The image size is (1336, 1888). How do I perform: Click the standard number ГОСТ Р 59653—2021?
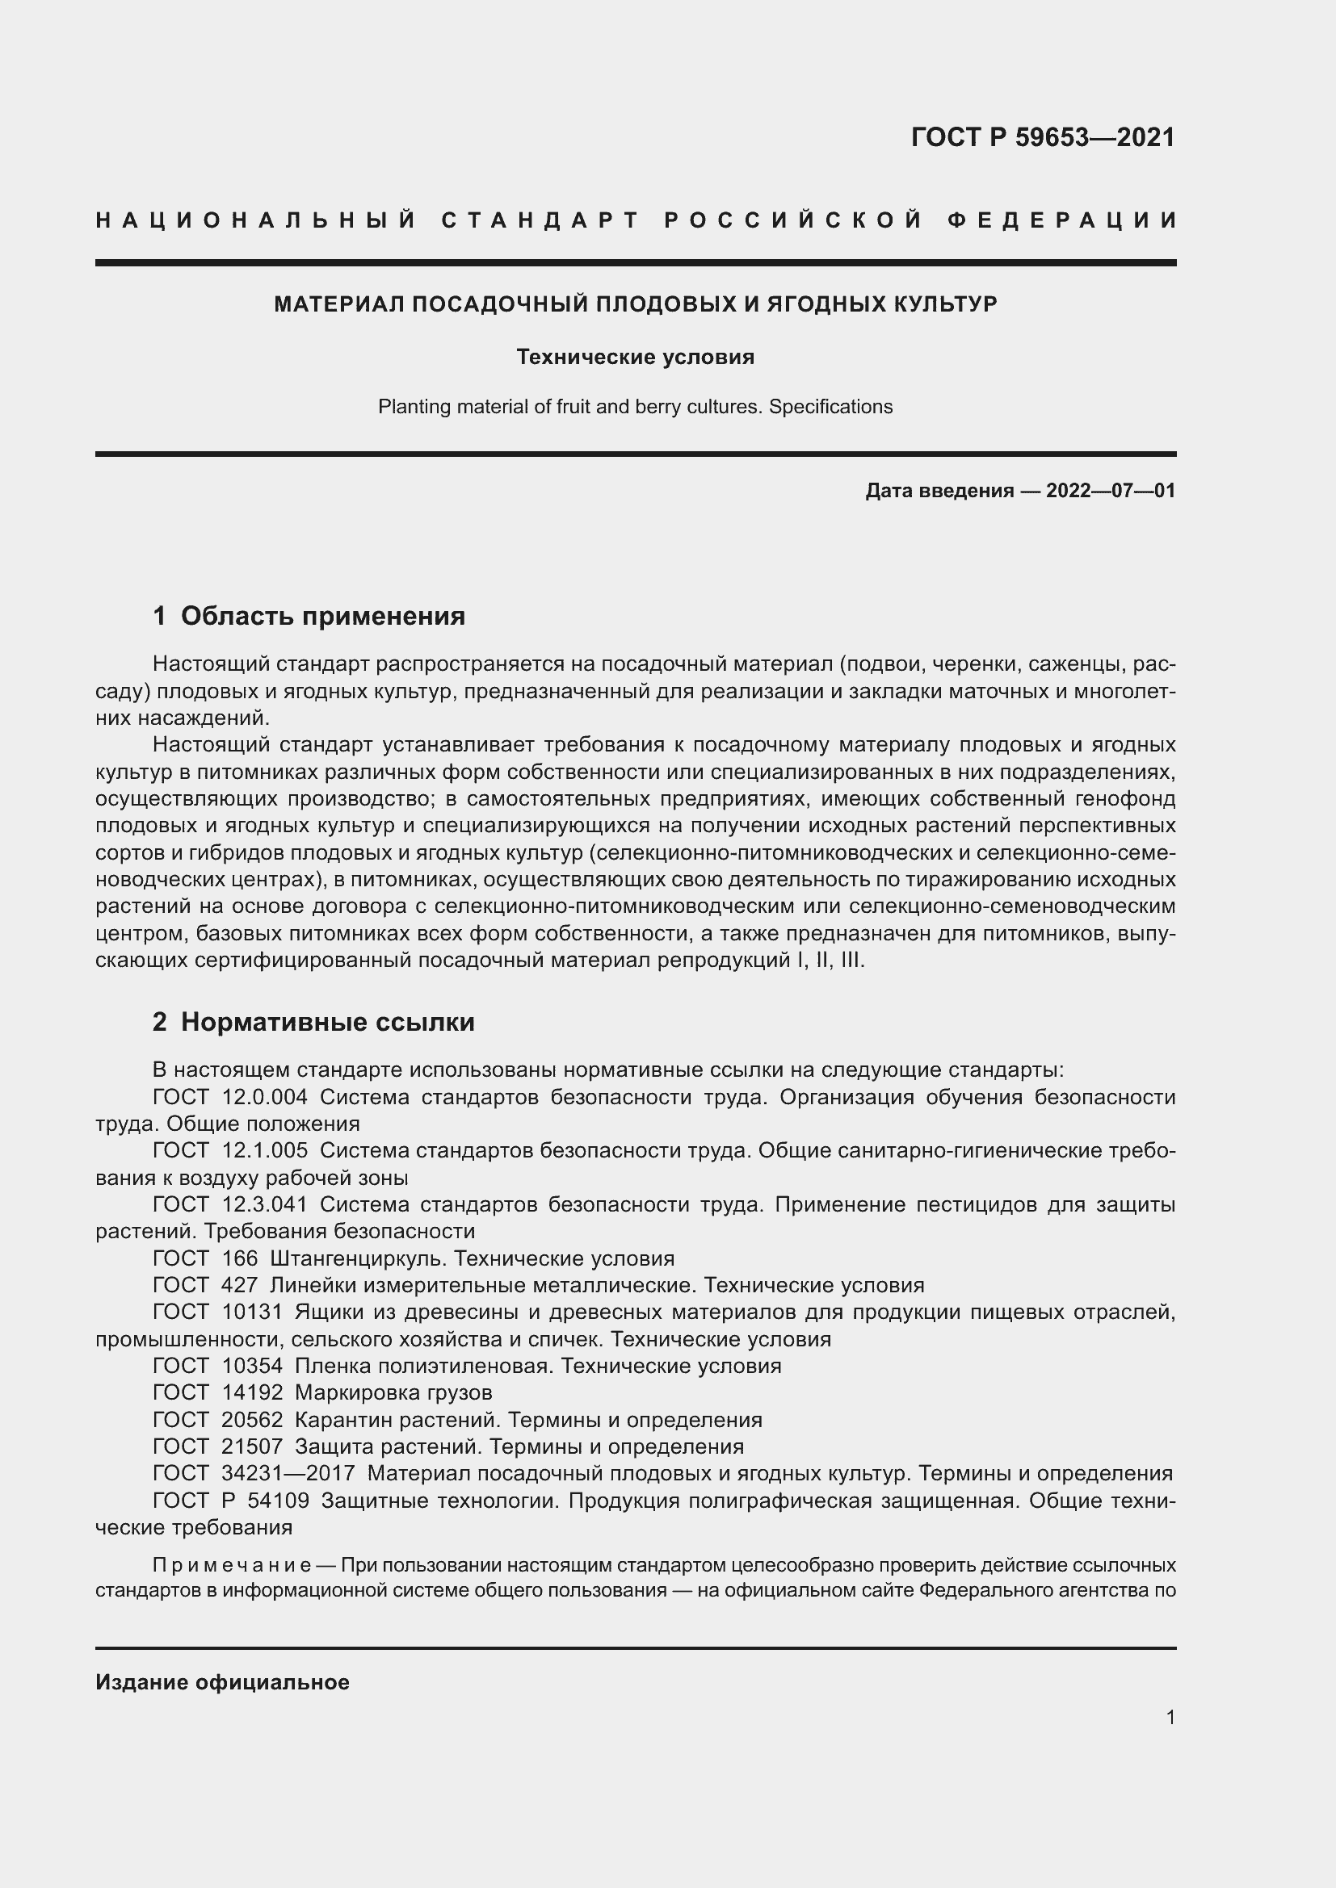pos(1042,137)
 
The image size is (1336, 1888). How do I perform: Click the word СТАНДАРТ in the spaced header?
pos(540,220)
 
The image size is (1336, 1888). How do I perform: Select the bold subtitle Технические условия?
pos(635,357)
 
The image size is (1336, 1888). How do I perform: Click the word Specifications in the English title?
pos(830,407)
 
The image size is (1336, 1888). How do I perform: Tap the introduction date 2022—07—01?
pos(1110,491)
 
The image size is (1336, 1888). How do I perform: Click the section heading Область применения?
pos(322,616)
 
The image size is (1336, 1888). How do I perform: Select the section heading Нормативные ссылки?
pos(327,1022)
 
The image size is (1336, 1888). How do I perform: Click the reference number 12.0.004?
pos(265,1097)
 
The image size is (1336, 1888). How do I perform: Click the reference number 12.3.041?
pos(265,1204)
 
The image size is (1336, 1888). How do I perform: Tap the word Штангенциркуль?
pos(358,1259)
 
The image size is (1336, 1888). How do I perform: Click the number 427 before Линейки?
pos(239,1285)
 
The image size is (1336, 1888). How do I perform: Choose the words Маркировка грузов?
pos(393,1392)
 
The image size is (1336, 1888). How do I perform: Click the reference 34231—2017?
pos(288,1474)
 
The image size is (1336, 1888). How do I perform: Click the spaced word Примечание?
pos(231,1564)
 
